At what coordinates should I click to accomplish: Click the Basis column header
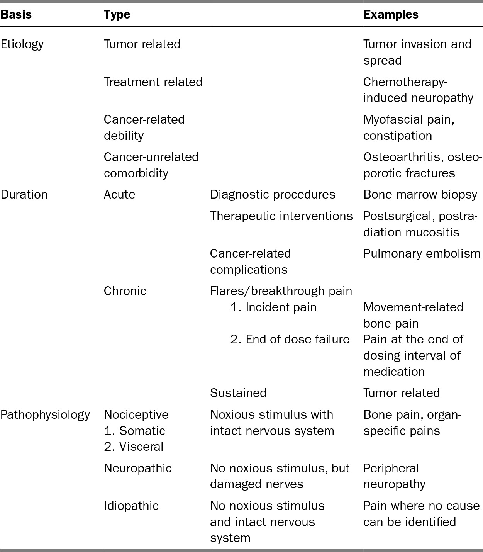coord(16,15)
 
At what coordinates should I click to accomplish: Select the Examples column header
coord(391,15)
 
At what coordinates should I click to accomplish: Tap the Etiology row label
coord(22,44)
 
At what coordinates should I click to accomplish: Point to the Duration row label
coord(24,194)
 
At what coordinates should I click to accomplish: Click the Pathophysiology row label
coord(45,415)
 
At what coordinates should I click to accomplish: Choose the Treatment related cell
coord(153,82)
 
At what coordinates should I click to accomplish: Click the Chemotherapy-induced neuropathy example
coord(418,90)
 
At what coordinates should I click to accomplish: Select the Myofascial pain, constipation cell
coord(408,127)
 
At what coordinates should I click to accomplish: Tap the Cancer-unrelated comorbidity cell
coord(151,165)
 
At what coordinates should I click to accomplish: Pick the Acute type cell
coord(119,194)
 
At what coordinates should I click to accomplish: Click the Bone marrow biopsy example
coord(420,194)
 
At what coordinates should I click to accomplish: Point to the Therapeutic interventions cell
coord(281,216)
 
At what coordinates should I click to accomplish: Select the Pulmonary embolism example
coord(422,253)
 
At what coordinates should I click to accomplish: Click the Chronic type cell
coord(125,291)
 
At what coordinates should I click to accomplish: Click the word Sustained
coord(238,393)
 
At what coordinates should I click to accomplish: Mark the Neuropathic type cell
coord(137,468)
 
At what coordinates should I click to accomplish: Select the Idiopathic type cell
coord(131,506)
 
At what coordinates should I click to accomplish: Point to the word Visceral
coord(141,447)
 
